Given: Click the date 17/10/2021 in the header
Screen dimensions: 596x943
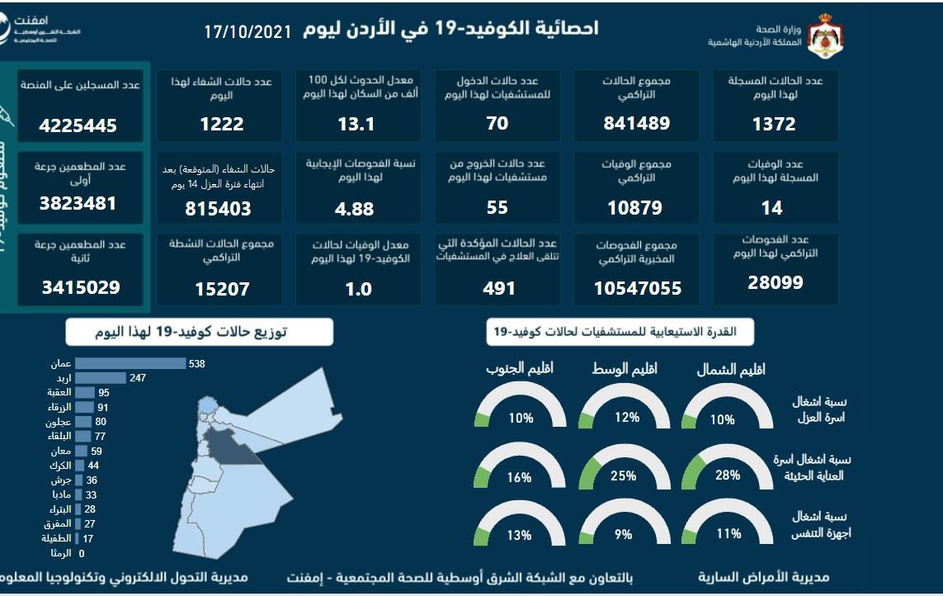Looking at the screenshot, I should coord(248,32).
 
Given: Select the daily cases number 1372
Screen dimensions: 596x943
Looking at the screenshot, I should coord(773,124).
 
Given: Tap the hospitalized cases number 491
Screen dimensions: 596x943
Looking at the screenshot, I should coord(498,288).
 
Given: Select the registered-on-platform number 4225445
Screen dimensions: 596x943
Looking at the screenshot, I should coord(78,126).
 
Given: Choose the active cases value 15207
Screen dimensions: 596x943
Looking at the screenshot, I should coord(220,289).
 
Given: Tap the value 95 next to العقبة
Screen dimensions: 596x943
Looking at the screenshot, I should coord(104,393).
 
